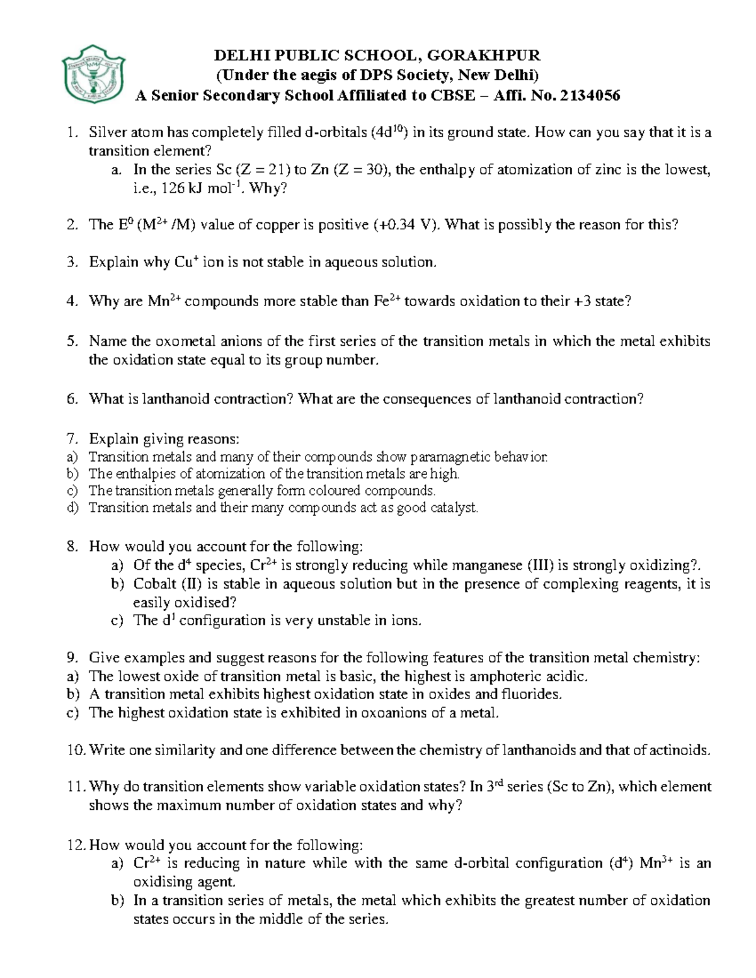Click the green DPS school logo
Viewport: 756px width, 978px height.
(x=93, y=76)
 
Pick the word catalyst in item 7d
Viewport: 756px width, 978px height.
(x=452, y=508)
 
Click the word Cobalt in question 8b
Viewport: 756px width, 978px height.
(x=155, y=584)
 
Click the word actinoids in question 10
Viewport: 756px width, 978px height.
(x=680, y=750)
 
